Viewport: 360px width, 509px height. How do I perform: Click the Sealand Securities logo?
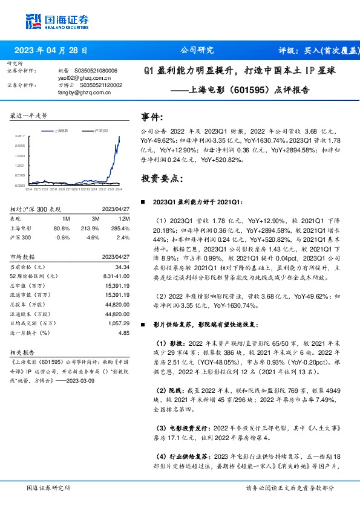click(57, 21)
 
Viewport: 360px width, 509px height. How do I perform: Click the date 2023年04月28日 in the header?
click(54, 51)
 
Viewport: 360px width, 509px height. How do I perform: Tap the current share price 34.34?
click(122, 267)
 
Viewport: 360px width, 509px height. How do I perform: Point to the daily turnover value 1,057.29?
click(118, 324)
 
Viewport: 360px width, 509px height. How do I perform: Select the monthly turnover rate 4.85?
click(124, 332)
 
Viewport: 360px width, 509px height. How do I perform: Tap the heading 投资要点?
click(160, 179)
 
